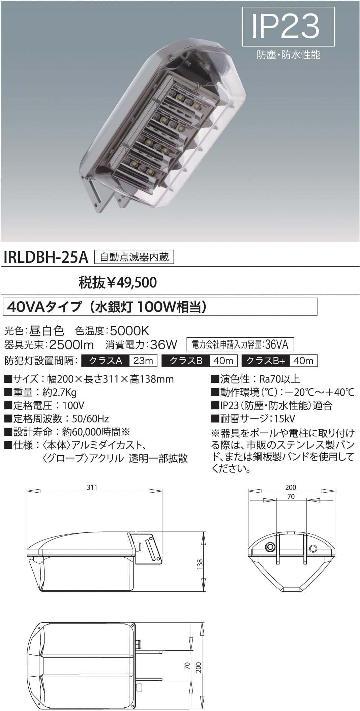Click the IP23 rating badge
[289, 27]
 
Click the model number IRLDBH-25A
[46, 258]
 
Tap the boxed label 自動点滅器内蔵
[134, 257]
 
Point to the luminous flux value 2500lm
[71, 345]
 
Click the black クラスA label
[106, 361]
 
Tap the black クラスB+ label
[266, 361]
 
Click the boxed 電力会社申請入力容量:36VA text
[240, 344]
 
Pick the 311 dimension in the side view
[92, 487]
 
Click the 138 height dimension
[200, 563]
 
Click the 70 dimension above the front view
[291, 497]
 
